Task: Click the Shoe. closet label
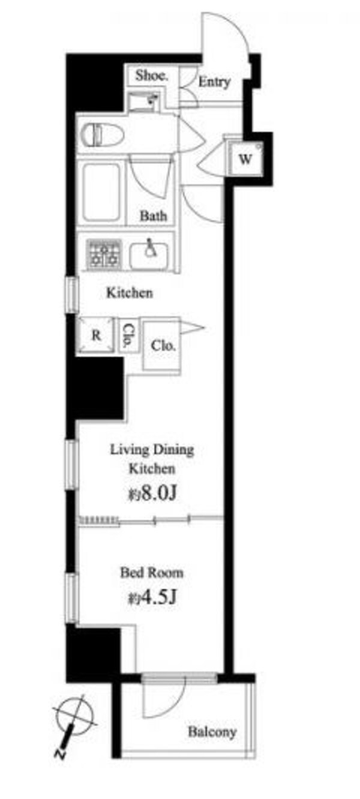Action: (151, 76)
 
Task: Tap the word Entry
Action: (214, 82)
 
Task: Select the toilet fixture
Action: (103, 135)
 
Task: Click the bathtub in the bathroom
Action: (101, 192)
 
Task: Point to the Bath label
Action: (153, 215)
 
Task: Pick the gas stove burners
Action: (104, 253)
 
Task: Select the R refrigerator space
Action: (95, 335)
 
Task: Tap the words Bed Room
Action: (152, 572)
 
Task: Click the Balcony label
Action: (212, 732)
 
